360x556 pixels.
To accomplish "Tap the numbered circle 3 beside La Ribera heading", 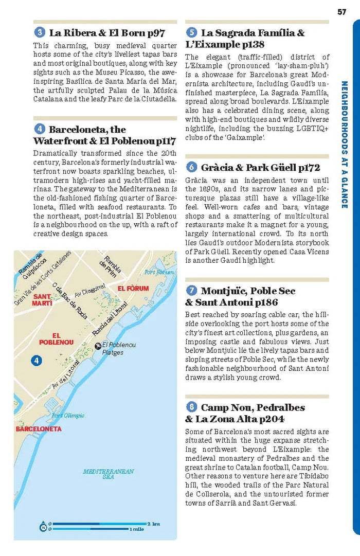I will coord(39,33).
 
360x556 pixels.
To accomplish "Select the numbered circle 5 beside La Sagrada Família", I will coord(191,33).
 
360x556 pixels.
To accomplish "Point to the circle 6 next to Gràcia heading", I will coord(191,167).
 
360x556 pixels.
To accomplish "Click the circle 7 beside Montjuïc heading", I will coord(191,291).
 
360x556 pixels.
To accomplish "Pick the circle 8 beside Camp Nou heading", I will coord(191,407).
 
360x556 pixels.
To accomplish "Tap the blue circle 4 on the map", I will coord(36,361).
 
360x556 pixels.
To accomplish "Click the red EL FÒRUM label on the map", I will coord(132,288).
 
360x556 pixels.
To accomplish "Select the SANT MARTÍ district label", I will coord(42,300).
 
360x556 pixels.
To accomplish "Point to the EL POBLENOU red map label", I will coord(56,338).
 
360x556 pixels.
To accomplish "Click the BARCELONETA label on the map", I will coord(39,428).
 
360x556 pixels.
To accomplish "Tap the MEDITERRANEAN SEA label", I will coord(108,474).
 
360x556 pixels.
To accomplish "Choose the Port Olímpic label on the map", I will coord(68,416).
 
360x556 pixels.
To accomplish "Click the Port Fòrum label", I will coord(159,272).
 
